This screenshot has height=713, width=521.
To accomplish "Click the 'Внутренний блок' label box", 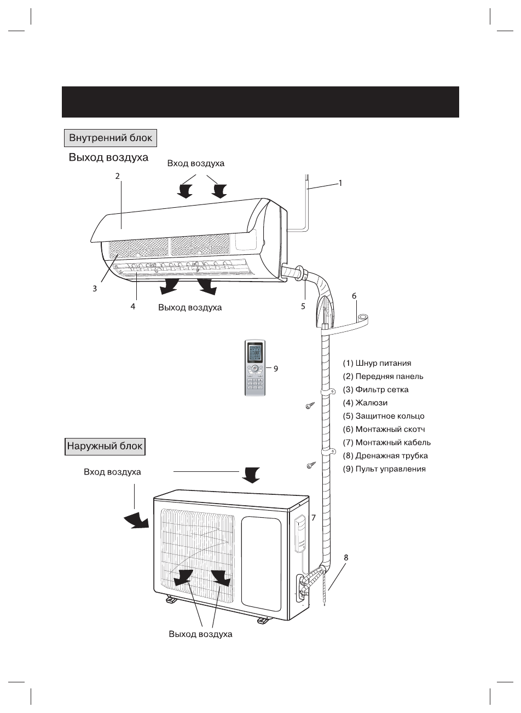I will pyautogui.click(x=111, y=138).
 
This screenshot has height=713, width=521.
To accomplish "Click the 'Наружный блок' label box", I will pyautogui.click(x=105, y=446).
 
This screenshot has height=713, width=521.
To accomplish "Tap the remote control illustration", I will pyautogui.click(x=254, y=368).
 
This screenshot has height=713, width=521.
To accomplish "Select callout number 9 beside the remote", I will pyautogui.click(x=276, y=369).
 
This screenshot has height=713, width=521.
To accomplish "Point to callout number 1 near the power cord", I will pyautogui.click(x=340, y=183).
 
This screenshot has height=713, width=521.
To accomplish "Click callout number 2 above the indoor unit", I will pyautogui.click(x=117, y=176).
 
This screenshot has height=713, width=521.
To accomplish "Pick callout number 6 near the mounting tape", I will pyautogui.click(x=354, y=296).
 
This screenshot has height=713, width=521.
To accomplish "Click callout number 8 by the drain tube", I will pyautogui.click(x=346, y=558).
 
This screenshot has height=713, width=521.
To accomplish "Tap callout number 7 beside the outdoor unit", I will pyautogui.click(x=313, y=517).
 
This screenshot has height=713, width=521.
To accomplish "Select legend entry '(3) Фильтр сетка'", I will pyautogui.click(x=375, y=389).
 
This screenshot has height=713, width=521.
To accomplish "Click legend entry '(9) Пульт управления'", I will pyautogui.click(x=384, y=469).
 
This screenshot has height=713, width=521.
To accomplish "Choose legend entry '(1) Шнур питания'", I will pyautogui.click(x=377, y=363).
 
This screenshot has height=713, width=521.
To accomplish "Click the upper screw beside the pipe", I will pyautogui.click(x=310, y=406).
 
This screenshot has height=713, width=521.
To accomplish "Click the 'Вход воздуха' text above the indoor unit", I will pyautogui.click(x=195, y=163).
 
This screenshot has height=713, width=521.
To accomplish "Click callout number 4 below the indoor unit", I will pyautogui.click(x=133, y=307).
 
